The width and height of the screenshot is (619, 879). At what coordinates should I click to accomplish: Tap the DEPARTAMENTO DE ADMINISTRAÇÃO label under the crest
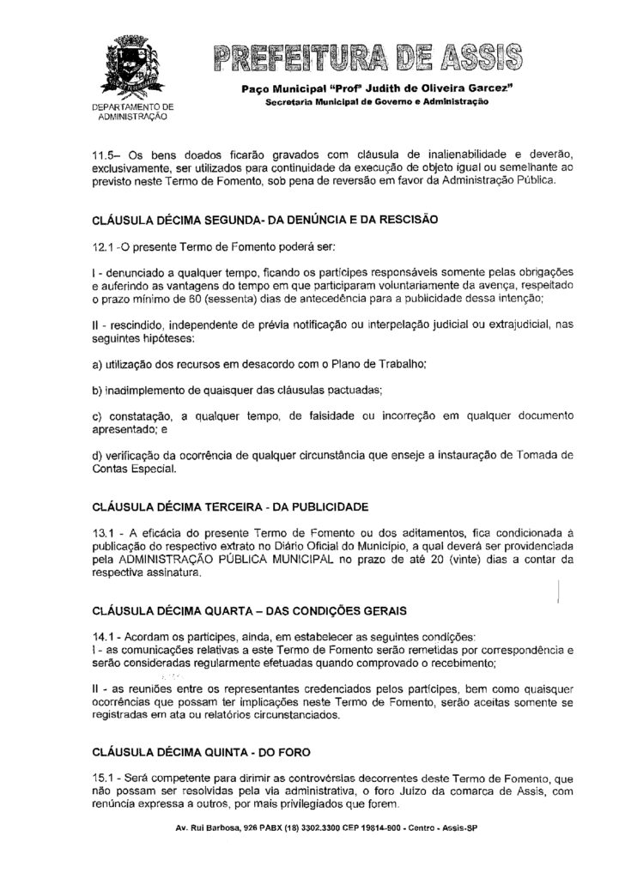(x=131, y=111)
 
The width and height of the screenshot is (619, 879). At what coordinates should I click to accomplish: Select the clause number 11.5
(x=106, y=155)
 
